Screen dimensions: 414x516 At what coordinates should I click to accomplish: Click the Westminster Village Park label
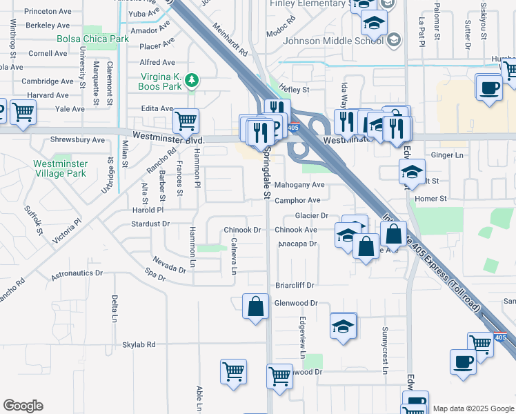click(61, 168)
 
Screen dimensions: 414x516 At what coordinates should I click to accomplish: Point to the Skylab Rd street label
click(139, 344)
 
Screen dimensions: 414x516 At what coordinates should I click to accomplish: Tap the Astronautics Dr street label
click(80, 273)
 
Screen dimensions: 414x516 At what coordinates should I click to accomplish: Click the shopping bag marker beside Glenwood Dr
click(255, 306)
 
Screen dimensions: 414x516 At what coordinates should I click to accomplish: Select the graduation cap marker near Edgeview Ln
click(343, 326)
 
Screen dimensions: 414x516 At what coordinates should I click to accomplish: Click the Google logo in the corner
click(23, 406)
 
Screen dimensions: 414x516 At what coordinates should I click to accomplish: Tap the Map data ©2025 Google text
click(473, 408)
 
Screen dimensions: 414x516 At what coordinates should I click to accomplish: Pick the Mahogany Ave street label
click(299, 185)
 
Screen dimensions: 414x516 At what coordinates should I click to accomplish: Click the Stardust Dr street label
click(150, 224)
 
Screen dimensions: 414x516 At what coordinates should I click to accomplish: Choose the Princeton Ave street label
click(48, 12)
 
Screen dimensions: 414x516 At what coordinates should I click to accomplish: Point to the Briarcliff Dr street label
click(295, 285)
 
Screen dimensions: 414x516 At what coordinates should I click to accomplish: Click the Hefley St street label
click(293, 90)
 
